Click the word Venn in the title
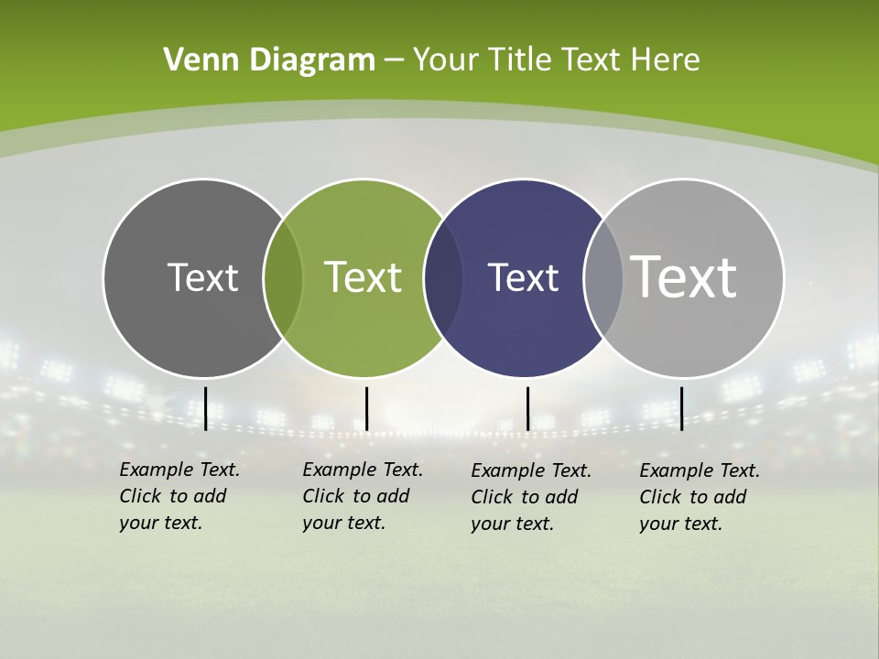click(194, 60)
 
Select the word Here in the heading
click(665, 60)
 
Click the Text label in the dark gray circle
click(202, 277)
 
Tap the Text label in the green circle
click(364, 277)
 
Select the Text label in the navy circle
click(523, 277)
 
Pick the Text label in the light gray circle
click(684, 277)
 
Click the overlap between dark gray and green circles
click(283, 278)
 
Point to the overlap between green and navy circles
click(443, 278)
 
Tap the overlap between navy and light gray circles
click(603, 278)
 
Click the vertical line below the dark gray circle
click(205, 408)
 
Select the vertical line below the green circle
click(366, 408)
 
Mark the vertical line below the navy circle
click(527, 408)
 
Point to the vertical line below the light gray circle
click(681, 408)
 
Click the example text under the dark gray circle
click(179, 496)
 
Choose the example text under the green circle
click(363, 496)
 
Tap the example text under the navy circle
click(531, 497)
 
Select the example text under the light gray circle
click(700, 497)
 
